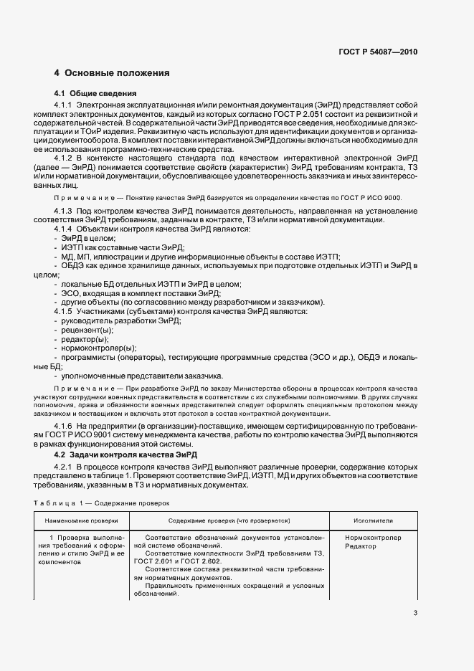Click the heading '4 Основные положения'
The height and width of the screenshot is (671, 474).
[x=112, y=73]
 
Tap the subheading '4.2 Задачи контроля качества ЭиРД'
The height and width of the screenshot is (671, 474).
[x=126, y=455]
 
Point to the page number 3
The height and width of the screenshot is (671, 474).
[x=415, y=612]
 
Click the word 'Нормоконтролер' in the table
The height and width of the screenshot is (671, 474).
[x=373, y=537]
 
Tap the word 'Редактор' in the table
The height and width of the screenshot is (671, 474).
[x=360, y=546]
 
